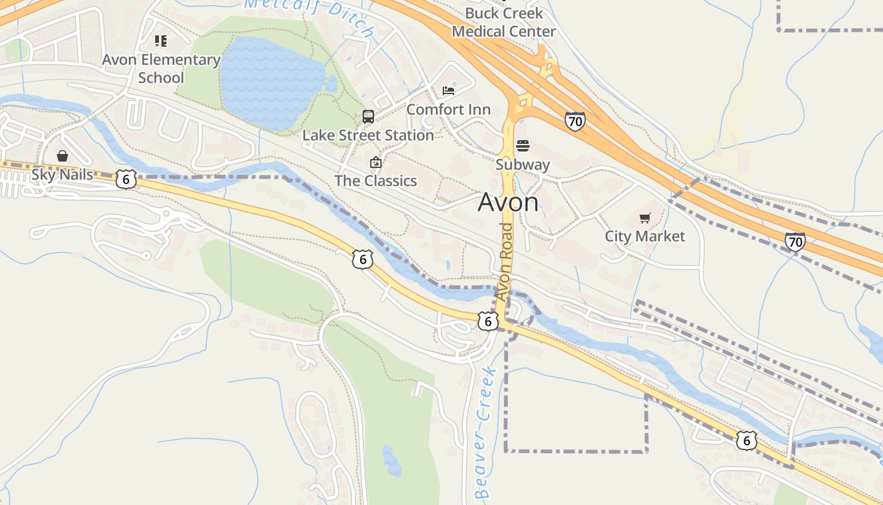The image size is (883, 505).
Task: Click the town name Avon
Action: click(x=508, y=203)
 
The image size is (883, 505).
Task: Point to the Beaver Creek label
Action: click(x=483, y=432)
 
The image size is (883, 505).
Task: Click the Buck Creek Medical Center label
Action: click(x=503, y=22)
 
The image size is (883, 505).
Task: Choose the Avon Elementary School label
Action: click(x=161, y=69)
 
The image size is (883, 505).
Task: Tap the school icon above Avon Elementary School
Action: click(x=161, y=41)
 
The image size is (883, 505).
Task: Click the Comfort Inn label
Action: click(x=448, y=109)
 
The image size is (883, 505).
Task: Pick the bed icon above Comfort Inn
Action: click(x=448, y=91)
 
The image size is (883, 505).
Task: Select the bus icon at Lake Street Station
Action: click(x=368, y=117)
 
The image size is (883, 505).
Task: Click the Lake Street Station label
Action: click(x=368, y=135)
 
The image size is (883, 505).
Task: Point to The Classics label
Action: click(x=375, y=181)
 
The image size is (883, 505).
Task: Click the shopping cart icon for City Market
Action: click(x=645, y=218)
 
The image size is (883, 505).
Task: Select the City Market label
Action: click(x=645, y=236)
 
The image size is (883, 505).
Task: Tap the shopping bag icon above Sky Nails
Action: click(x=62, y=156)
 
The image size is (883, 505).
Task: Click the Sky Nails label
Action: click(x=62, y=174)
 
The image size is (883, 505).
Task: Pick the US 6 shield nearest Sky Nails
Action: click(x=126, y=179)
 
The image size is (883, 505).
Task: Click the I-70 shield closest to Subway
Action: click(x=575, y=121)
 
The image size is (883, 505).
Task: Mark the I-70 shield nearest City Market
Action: click(x=795, y=242)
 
